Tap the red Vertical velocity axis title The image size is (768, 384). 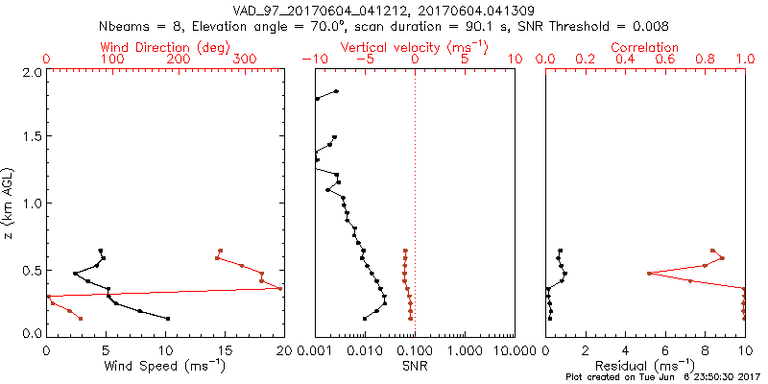pos(415,46)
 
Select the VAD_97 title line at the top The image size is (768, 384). pos(384,11)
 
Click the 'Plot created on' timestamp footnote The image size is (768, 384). pos(662,377)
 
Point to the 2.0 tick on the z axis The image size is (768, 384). pos(31,73)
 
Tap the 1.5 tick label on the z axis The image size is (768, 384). pos(31,138)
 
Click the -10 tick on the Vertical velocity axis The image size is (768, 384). pos(312,59)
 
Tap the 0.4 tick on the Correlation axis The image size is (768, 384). pos(625,59)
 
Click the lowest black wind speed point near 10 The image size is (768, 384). pos(168,319)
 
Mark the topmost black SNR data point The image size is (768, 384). pos(336,91)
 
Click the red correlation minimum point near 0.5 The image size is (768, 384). pos(650,274)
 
